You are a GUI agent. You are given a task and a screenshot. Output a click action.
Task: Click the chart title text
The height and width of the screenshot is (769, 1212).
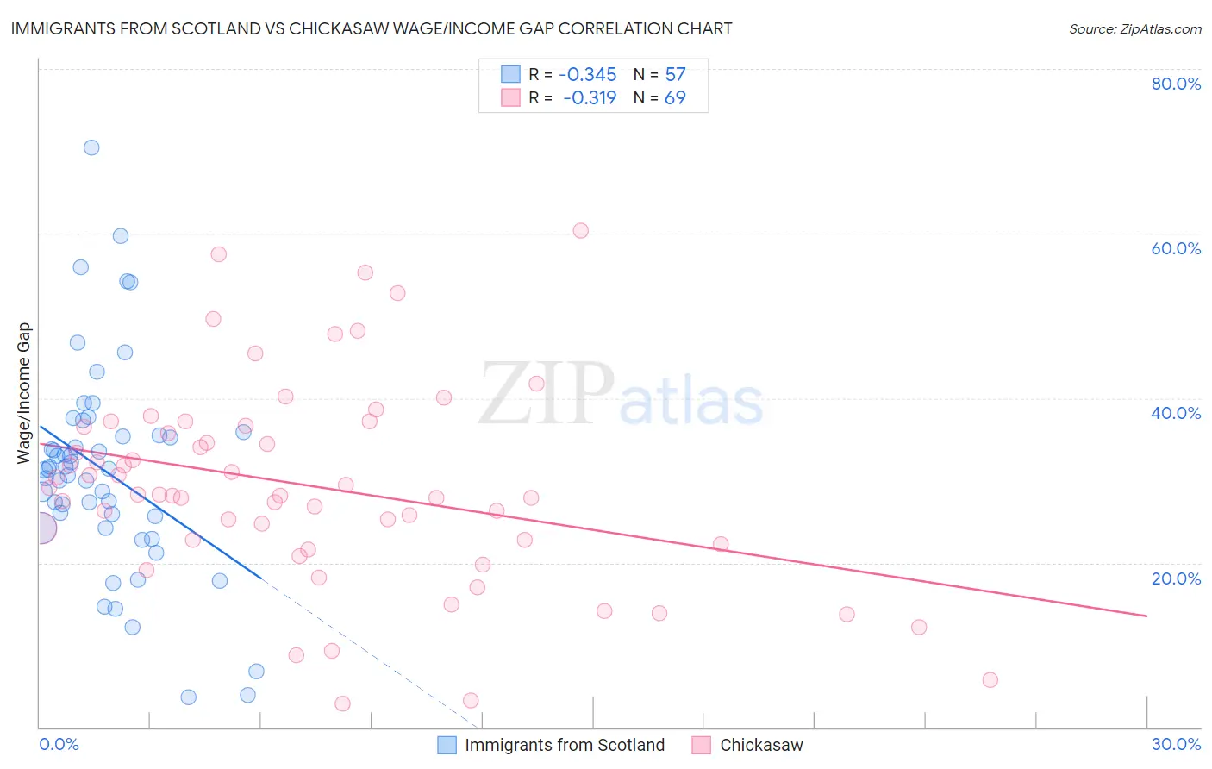point(372,28)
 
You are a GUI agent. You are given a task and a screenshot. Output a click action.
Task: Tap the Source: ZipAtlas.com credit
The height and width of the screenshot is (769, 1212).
point(1134,28)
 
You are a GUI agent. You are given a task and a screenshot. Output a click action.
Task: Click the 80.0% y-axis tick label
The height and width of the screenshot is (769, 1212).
point(1176,84)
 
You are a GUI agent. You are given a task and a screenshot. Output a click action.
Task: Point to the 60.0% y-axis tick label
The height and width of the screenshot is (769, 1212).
point(1176,248)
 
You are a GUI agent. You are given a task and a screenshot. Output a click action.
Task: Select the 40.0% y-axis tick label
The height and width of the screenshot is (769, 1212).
point(1176,413)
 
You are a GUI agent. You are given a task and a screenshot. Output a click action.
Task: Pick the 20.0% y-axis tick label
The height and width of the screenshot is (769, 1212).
point(1176,578)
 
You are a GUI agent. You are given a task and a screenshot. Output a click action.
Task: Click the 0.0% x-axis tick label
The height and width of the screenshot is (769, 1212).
point(59,744)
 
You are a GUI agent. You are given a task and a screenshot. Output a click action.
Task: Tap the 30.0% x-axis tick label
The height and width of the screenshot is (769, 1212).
point(1176,744)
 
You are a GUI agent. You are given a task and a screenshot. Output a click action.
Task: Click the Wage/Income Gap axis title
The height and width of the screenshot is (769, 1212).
point(24,393)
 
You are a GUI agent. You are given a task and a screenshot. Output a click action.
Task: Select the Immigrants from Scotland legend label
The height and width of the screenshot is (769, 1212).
point(565,745)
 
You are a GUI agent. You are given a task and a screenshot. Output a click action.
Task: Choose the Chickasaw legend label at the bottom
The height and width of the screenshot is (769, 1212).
point(761,745)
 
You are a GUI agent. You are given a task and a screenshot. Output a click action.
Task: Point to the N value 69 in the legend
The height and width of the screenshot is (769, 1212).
point(675,97)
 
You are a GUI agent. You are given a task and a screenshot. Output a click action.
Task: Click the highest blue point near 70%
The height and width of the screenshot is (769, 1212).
point(91,147)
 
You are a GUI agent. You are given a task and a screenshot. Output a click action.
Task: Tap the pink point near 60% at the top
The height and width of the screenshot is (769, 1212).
point(581,230)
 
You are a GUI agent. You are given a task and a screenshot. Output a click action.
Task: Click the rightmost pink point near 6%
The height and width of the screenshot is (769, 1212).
point(990,680)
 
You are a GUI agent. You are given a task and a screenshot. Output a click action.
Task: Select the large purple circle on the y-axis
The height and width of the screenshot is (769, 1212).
point(41,528)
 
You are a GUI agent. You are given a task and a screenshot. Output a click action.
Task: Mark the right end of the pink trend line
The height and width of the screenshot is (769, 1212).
point(1146,616)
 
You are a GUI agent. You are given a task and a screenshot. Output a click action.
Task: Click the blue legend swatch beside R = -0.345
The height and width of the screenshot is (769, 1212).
point(510,74)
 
